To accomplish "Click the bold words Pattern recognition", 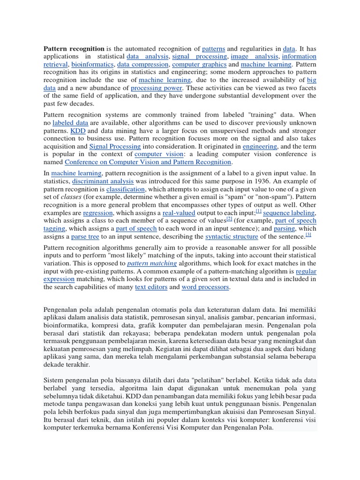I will (74, 48).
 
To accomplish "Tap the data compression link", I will (142, 64).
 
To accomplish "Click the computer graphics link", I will (199, 64).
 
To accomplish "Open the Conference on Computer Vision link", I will (148, 162).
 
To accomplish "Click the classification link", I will (126, 189).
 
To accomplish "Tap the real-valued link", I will (178, 213).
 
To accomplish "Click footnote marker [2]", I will (229, 218).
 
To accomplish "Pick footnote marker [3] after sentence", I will (308, 234).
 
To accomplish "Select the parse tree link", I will (85, 237).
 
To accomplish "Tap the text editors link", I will (150, 287).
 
